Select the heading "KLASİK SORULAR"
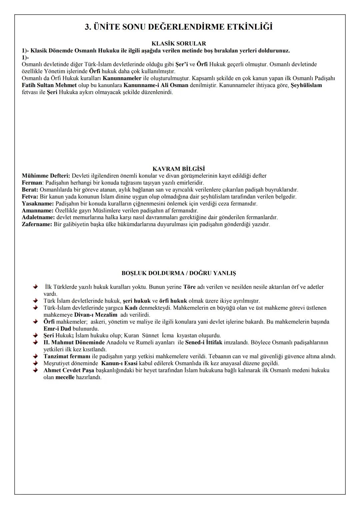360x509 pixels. tap(179, 44)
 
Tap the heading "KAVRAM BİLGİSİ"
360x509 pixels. tap(179, 169)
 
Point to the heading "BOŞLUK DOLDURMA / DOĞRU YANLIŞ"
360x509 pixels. tap(179, 273)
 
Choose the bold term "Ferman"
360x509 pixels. tap(32, 183)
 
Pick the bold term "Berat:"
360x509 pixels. tap(30, 190)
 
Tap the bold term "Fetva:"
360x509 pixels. tap(30, 197)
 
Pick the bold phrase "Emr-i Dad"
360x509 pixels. tap(57, 329)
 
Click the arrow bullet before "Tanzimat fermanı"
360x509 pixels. tap(35, 356)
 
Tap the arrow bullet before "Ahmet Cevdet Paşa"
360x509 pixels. tap(35, 370)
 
